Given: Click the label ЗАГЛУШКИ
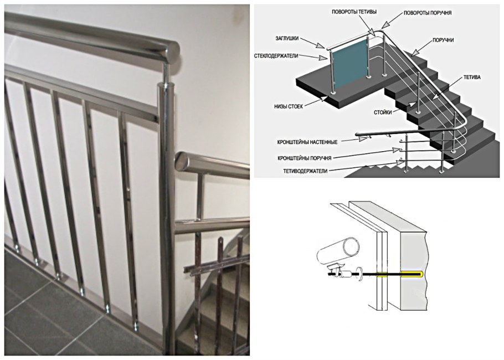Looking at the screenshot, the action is click(287, 39).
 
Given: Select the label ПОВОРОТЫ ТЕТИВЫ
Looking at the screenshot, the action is click(354, 12).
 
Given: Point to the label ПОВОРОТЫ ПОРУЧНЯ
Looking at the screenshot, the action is click(428, 13).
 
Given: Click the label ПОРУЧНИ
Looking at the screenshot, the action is click(443, 40).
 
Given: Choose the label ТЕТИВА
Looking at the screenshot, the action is click(472, 78).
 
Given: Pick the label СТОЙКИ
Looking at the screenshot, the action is click(383, 112).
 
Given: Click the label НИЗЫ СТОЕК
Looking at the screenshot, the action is click(288, 106).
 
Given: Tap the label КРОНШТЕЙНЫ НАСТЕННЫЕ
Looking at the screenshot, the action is click(307, 142).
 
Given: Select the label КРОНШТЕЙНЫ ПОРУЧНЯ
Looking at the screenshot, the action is click(304, 158).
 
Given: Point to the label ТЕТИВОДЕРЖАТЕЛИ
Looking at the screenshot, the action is click(305, 171).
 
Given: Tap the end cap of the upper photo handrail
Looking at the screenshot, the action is click(173, 53).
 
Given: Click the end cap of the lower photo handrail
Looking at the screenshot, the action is click(182, 162).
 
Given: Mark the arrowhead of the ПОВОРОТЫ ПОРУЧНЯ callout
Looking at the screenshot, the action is click(385, 25).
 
